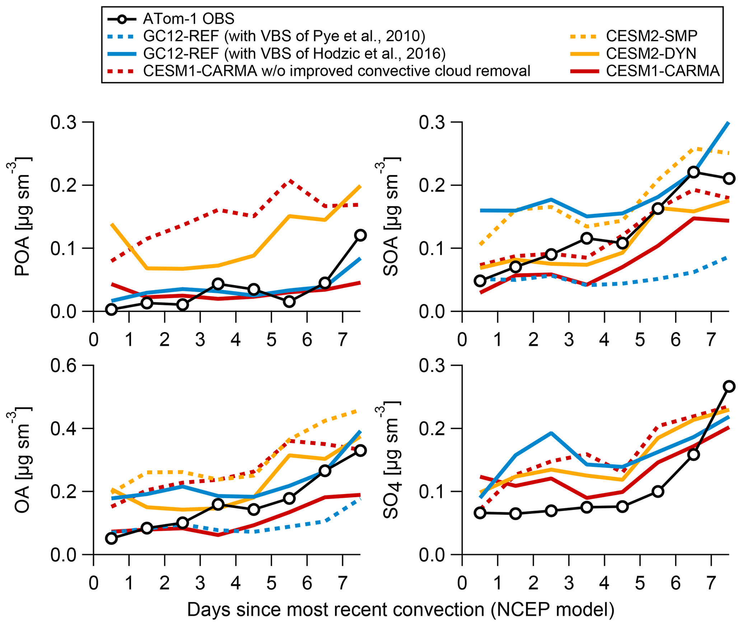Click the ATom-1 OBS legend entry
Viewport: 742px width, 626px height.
(x=188, y=19)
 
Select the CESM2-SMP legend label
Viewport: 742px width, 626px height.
(x=652, y=36)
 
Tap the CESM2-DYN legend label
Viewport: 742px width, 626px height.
(x=651, y=53)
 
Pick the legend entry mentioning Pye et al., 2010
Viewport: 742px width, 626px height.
(x=284, y=36)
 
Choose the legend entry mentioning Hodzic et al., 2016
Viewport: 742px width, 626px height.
(x=294, y=53)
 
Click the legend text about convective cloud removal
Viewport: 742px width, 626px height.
(x=336, y=71)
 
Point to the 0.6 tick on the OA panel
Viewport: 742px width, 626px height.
(x=64, y=366)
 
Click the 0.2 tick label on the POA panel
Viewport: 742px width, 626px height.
(x=64, y=185)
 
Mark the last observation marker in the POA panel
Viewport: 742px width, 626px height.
(x=360, y=235)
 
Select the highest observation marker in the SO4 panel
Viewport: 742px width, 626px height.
(x=729, y=386)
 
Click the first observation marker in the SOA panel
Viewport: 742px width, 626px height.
(x=480, y=281)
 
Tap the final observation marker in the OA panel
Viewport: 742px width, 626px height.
(x=360, y=450)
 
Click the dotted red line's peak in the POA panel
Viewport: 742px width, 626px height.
(x=289, y=181)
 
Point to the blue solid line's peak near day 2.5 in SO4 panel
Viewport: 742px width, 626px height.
(x=551, y=433)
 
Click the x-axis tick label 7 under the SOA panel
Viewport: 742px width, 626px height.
(x=711, y=340)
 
